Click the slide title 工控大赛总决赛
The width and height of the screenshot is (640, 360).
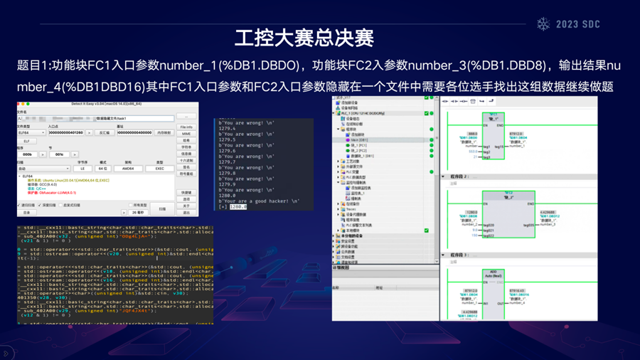tap(304, 37)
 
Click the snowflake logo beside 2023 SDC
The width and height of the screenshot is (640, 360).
tap(544, 24)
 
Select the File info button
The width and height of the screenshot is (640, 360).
tap(186, 127)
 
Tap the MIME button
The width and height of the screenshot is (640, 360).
tap(186, 134)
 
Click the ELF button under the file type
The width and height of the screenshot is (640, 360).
tap(26, 141)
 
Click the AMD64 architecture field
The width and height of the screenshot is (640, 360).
tap(129, 169)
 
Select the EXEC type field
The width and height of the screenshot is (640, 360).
tap(159, 169)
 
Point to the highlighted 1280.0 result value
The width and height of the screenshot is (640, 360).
tap(238, 207)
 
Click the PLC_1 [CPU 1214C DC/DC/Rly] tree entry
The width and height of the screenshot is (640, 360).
tap(363, 113)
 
